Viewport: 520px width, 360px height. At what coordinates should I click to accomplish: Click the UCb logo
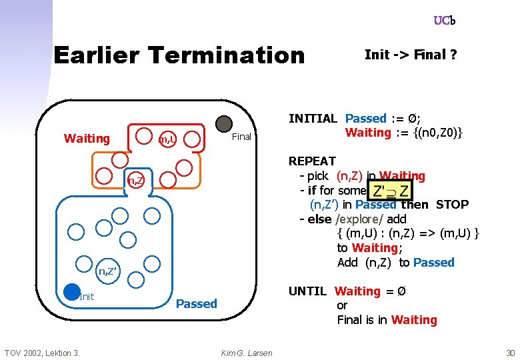[x=445, y=21]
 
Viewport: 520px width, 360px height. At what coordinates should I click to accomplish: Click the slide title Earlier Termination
[x=179, y=55]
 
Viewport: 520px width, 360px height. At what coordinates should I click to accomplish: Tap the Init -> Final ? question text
[x=411, y=55]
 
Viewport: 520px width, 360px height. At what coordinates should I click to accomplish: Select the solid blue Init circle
[x=72, y=292]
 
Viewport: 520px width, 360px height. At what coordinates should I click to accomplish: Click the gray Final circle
[x=224, y=124]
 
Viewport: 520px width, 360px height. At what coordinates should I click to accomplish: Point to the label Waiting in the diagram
[x=87, y=139]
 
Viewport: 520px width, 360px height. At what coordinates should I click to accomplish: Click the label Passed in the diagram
[x=196, y=304]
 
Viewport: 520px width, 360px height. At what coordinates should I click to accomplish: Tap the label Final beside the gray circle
[x=241, y=137]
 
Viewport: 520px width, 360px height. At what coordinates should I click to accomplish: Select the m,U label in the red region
[x=167, y=139]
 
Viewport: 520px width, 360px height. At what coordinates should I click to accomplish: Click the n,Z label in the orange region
[x=136, y=180]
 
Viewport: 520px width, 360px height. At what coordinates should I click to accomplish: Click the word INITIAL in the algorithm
[x=313, y=119]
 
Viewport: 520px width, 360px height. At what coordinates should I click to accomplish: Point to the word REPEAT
[x=312, y=161]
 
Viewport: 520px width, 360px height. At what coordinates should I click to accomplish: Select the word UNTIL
[x=307, y=291]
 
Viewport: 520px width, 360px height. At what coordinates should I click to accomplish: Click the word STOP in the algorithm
[x=453, y=205]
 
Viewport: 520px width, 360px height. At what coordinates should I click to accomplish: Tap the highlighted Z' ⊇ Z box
[x=391, y=191]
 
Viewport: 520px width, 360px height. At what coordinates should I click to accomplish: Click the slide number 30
[x=511, y=353]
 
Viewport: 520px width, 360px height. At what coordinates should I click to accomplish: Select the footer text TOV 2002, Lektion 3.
[x=43, y=353]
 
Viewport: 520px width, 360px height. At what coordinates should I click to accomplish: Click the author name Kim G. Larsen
[x=246, y=353]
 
